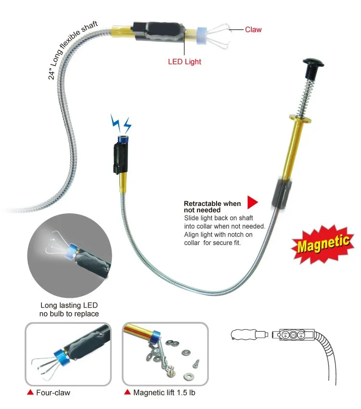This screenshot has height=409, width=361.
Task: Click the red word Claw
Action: click(x=253, y=30)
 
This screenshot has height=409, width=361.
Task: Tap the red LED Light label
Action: click(x=184, y=62)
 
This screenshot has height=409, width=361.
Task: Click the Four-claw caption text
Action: click(x=53, y=393)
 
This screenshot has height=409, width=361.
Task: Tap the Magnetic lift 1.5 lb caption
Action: click(x=164, y=393)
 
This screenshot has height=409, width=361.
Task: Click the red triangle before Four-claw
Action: click(x=30, y=393)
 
